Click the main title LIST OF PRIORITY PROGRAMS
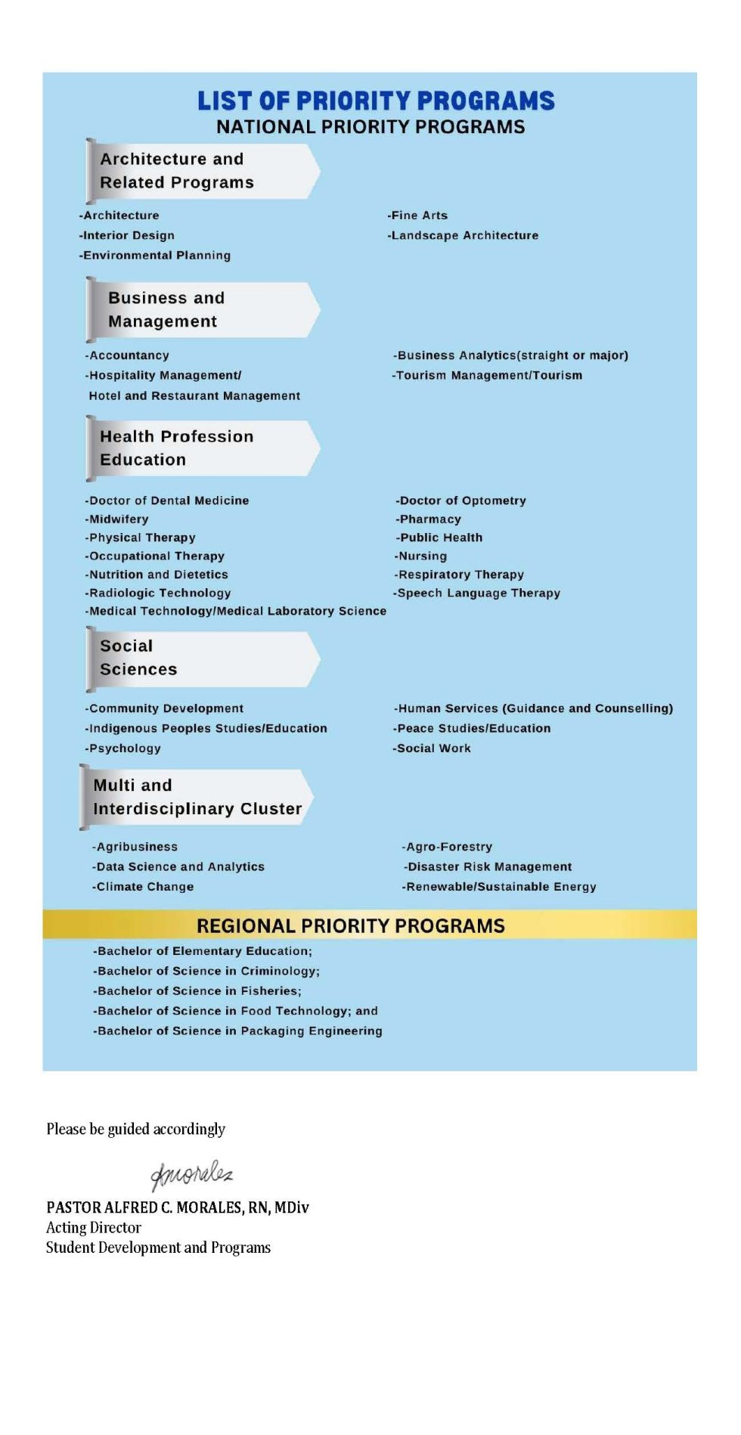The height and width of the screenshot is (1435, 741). pos(376,101)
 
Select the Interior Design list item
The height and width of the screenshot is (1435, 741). pos(127,235)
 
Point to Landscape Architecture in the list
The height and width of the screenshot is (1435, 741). pos(463,235)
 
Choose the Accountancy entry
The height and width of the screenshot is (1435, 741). pos(127,355)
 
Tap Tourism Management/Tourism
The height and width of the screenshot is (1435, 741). pos(488,375)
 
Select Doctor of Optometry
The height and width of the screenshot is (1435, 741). pos(460,501)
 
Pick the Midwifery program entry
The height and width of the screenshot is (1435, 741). pos(117,519)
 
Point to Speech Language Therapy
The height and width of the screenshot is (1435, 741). pos(476,593)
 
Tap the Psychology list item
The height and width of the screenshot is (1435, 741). pos(123,748)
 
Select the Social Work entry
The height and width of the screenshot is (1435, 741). pos(432,748)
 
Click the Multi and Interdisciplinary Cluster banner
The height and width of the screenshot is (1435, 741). pos(197,797)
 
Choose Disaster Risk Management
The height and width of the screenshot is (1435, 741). pos(488,866)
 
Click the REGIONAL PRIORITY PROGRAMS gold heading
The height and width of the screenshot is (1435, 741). pos(351,925)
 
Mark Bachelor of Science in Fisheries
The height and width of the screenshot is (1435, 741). pos(197,990)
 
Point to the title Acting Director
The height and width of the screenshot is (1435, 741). pos(94,1227)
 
